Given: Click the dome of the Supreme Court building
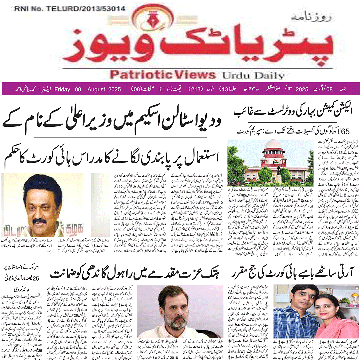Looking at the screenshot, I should pyautogui.click(x=272, y=146).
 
